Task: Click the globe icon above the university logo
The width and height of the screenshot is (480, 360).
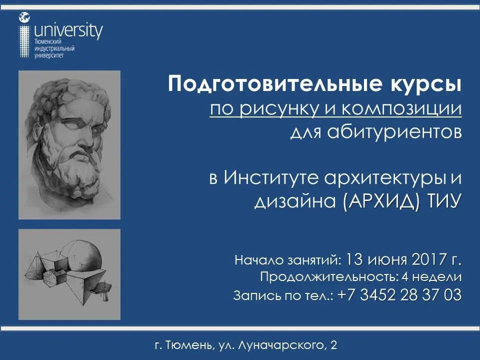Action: point(24,17)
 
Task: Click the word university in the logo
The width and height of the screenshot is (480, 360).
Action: point(68,31)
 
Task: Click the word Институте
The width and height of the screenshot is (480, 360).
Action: point(271,177)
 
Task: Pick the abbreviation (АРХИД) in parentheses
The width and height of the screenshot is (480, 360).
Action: point(380,201)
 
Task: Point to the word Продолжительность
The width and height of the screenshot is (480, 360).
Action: point(329,276)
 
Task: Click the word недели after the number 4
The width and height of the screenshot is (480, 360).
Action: point(437,277)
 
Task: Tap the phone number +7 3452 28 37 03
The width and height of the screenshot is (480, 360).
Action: point(399,295)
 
